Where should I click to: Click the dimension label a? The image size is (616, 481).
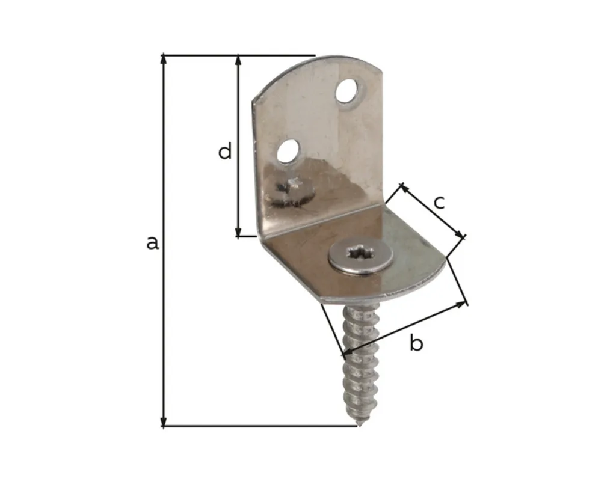click(152, 243)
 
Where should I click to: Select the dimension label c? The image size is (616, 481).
click(439, 202)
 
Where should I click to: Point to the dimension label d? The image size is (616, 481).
click(225, 151)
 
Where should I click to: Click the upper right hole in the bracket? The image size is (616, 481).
click(348, 92)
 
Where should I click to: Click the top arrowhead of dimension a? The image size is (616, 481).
click(164, 59)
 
